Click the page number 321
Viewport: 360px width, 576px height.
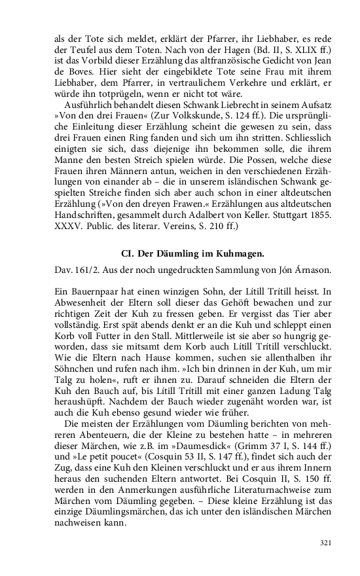click(x=326, y=543)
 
